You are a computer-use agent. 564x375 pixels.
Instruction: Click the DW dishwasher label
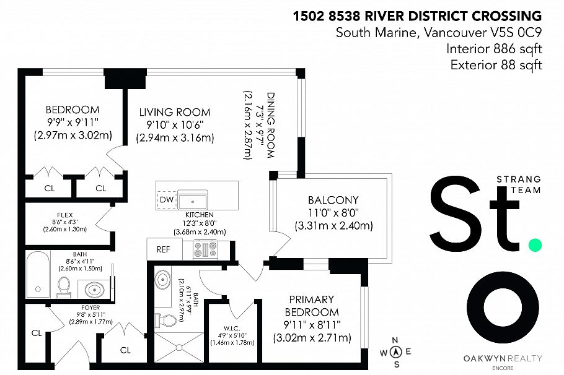pos(167,199)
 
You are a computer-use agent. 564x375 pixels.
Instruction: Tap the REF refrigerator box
pos(164,249)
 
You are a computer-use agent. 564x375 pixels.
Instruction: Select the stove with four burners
pos(205,249)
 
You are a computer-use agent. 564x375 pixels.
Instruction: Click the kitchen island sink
pos(192,202)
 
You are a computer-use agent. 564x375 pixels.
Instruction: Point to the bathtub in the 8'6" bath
pos(38,274)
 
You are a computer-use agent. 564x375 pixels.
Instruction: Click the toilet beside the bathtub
pos(64,287)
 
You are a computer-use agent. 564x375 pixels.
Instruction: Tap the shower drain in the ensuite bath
pos(178,347)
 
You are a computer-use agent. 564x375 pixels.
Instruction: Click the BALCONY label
pos(333,200)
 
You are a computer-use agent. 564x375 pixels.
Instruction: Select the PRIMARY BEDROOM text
pos(312,306)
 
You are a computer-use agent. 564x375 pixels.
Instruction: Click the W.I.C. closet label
pos(232,329)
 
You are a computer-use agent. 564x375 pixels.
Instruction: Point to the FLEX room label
pos(65,215)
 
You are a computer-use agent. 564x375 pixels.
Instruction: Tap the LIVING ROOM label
pos(175,112)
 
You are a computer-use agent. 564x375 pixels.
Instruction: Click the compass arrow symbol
pos(396,352)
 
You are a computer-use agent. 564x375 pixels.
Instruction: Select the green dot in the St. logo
pos(535,245)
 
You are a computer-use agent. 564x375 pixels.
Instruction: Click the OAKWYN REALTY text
pos(503,358)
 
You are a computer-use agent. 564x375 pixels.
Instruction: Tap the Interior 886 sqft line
pos(494,48)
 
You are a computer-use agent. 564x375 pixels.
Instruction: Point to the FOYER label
pos(90,308)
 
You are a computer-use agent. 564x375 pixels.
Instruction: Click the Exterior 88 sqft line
pos(496,65)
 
